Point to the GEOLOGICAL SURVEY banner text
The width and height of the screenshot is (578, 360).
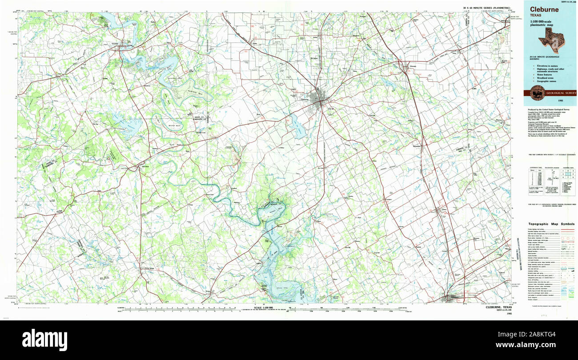pos(558,93)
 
